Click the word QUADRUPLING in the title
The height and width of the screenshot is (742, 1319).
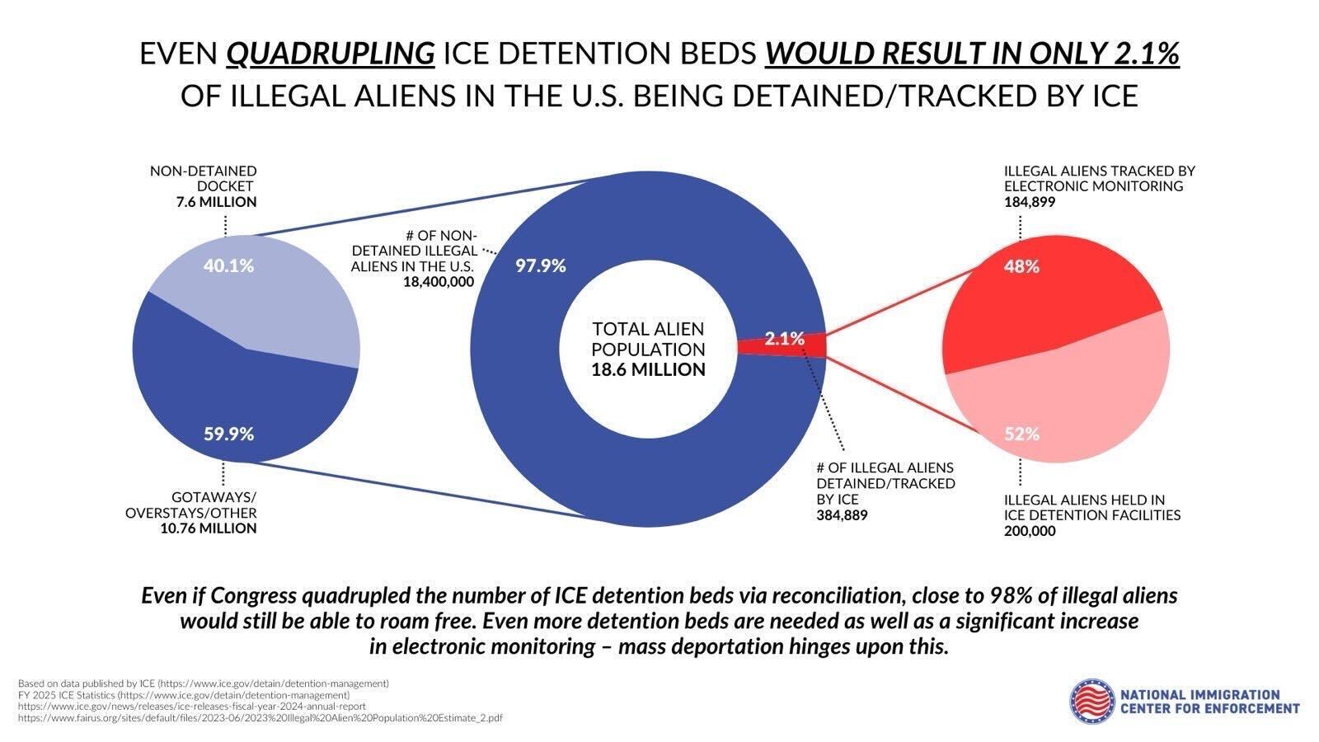331,54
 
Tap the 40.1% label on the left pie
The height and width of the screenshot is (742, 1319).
228,265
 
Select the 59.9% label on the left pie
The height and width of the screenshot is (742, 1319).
228,434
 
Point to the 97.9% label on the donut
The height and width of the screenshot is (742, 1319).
541,265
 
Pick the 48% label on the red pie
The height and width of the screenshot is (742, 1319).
1021,266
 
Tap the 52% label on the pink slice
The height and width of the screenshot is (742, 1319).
1021,434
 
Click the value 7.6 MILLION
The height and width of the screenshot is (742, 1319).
216,202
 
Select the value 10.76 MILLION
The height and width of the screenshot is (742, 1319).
209,528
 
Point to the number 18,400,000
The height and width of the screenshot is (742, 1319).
439,282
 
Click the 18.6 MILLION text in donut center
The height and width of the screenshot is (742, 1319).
648,370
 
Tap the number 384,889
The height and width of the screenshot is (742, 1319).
842,515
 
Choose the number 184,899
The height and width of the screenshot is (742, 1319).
1029,202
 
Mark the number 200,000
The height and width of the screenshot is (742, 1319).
1029,531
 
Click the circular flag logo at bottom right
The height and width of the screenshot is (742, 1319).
1091,701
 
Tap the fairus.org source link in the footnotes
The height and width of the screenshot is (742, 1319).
260,718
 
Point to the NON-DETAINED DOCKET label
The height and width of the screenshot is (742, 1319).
203,179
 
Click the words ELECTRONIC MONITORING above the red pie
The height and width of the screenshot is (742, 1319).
1093,186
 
